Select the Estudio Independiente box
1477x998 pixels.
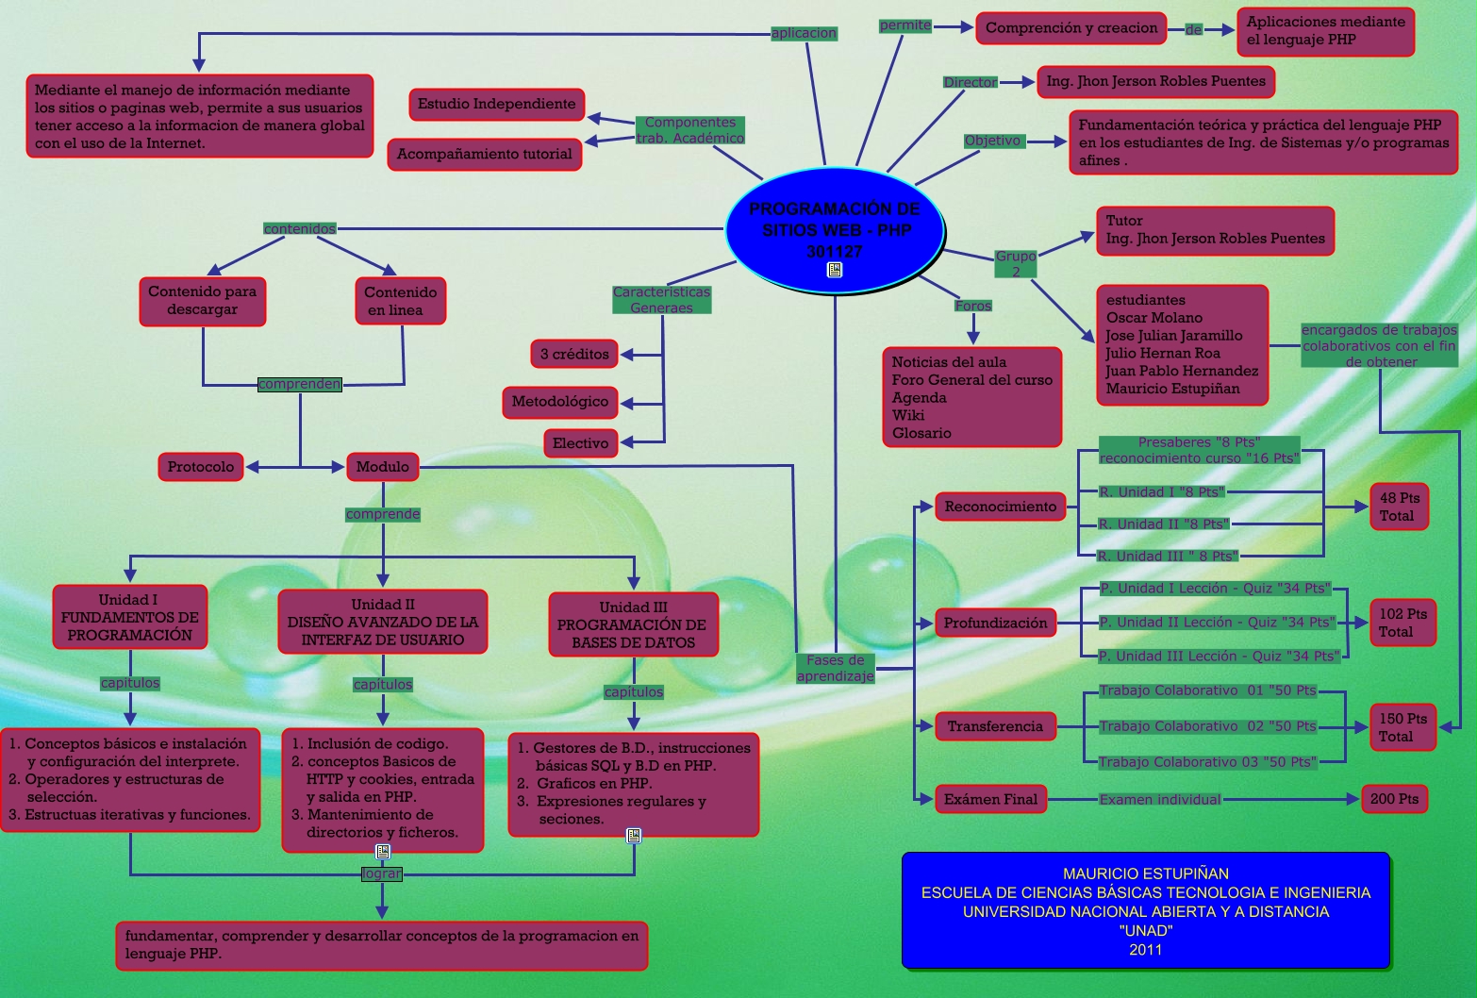tap(496, 104)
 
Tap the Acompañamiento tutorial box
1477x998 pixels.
tap(484, 154)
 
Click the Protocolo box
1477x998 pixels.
tap(201, 467)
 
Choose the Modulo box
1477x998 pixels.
tap(382, 467)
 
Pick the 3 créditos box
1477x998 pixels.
tap(574, 354)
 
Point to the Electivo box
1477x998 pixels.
tap(580, 443)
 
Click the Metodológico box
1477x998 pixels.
tap(560, 402)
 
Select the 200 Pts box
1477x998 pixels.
tap(1394, 799)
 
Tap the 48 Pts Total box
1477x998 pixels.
tap(1400, 507)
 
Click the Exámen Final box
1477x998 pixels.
tap(990, 799)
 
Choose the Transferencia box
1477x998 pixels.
tap(995, 726)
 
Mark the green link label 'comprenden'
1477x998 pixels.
tap(300, 384)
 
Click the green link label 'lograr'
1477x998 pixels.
tap(382, 873)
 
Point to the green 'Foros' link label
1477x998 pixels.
tap(973, 306)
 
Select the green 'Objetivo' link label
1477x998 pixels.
tap(992, 141)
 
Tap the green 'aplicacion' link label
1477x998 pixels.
tap(804, 33)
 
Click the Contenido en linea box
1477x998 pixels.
tap(400, 301)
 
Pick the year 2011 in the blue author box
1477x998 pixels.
tap(1146, 950)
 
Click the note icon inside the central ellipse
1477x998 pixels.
tap(835, 271)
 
